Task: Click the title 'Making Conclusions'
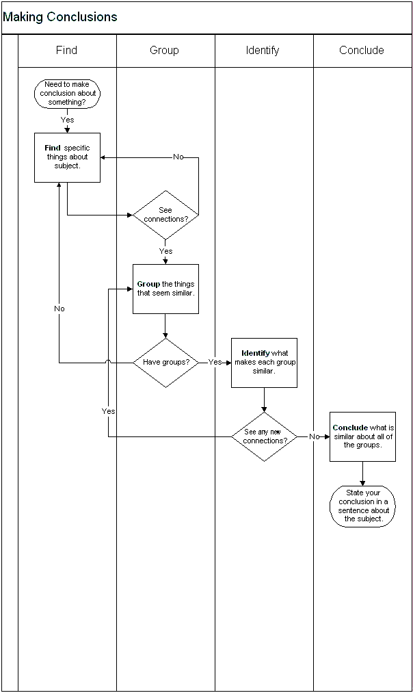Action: [x=60, y=17]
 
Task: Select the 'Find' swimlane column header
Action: [x=66, y=50]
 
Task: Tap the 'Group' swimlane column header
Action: [x=164, y=50]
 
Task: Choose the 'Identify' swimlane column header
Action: [x=263, y=50]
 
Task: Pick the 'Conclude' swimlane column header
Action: [x=361, y=50]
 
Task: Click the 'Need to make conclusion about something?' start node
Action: [x=67, y=94]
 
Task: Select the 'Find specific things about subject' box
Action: [x=67, y=157]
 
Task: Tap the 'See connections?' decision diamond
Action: [x=165, y=215]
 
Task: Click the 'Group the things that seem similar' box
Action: [x=165, y=289]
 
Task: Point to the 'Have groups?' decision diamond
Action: [x=165, y=363]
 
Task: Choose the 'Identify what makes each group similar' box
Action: [x=264, y=363]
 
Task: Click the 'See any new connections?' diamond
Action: [x=264, y=436]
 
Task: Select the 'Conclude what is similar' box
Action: [x=362, y=436]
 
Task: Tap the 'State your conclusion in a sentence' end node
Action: [x=362, y=506]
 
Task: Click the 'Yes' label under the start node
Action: [x=67, y=120]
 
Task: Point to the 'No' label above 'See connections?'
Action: [x=178, y=157]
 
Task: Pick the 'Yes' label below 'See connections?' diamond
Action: [x=165, y=251]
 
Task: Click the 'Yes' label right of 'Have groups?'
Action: [x=215, y=362]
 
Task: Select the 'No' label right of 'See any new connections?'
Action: [x=314, y=436]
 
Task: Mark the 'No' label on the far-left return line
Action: [x=59, y=309]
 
